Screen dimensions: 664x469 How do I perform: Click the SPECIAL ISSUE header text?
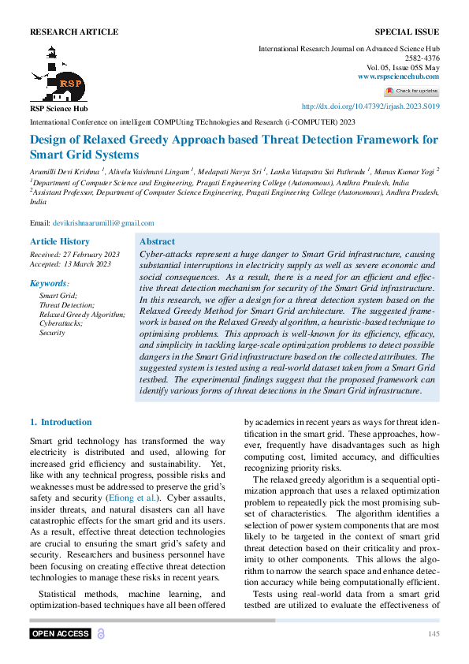(x=407, y=32)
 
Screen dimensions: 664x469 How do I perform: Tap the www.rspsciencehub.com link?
(x=399, y=76)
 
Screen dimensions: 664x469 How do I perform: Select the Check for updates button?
(x=411, y=91)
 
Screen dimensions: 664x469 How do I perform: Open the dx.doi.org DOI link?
(x=371, y=106)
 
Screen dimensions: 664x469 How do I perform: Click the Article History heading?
(x=60, y=241)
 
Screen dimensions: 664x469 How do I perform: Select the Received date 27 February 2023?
(x=75, y=254)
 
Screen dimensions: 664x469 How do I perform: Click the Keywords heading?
(x=49, y=282)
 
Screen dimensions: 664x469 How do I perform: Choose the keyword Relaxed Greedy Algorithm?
(x=82, y=314)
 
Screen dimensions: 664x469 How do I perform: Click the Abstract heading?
(x=157, y=241)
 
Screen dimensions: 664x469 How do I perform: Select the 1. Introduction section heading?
(x=61, y=422)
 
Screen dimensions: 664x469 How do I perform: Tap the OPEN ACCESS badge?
(x=61, y=633)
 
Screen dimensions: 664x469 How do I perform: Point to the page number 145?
(x=433, y=634)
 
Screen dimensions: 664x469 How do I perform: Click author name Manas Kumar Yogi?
(x=403, y=170)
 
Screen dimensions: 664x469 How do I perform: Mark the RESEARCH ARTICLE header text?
(x=74, y=32)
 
